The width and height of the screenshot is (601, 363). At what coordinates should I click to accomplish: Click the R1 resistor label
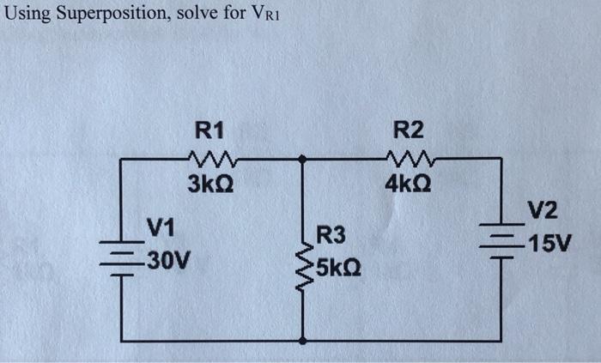(x=209, y=130)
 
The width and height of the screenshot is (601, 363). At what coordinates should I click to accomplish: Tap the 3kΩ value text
(x=209, y=184)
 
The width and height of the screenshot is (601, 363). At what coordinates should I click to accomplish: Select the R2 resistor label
(x=409, y=130)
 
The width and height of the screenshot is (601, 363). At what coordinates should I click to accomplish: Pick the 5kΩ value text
(x=337, y=269)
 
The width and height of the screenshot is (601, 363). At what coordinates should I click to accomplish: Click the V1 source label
(x=161, y=227)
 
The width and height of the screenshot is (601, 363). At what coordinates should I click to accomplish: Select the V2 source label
(x=543, y=211)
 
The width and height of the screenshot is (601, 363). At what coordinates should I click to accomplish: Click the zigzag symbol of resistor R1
(x=209, y=158)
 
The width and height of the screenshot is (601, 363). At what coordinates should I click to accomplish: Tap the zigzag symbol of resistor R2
(x=410, y=158)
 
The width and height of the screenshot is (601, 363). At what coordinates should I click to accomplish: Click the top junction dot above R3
(x=302, y=159)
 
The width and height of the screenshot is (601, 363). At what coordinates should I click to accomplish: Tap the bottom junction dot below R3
(x=302, y=341)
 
